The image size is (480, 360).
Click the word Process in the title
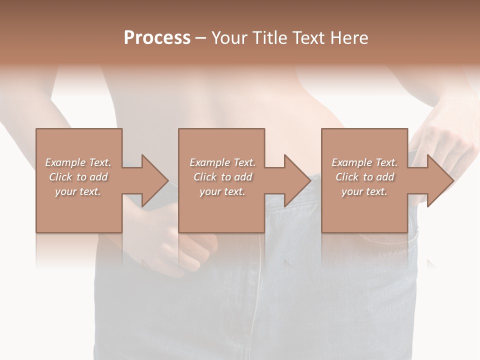157,38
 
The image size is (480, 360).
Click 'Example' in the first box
65,162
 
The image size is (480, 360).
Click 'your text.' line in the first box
78,191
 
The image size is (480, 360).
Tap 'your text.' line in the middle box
222,191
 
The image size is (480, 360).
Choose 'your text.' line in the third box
364,191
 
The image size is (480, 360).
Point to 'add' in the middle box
243,177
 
